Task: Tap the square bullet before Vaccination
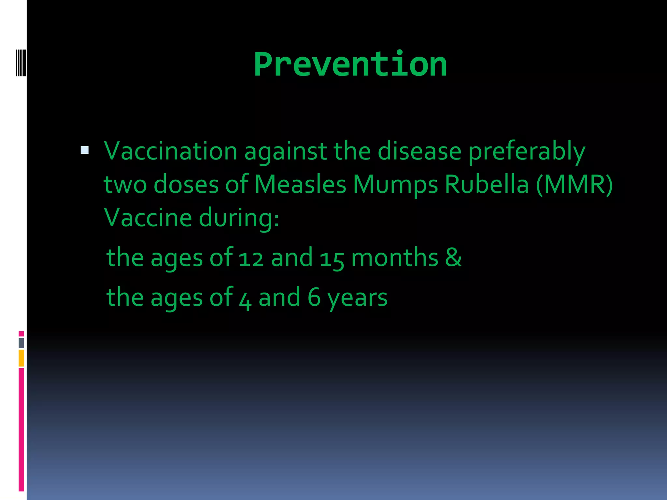[x=85, y=150]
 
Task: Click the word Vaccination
[x=170, y=151]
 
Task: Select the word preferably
[x=527, y=152]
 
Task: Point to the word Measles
[x=300, y=185]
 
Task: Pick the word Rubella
[x=487, y=185]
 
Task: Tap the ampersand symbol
[x=453, y=257]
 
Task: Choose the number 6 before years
[x=314, y=297]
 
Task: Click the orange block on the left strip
[x=21, y=358]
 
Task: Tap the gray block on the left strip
[x=21, y=343]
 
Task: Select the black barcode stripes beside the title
[x=21, y=63]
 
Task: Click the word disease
[x=419, y=151]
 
